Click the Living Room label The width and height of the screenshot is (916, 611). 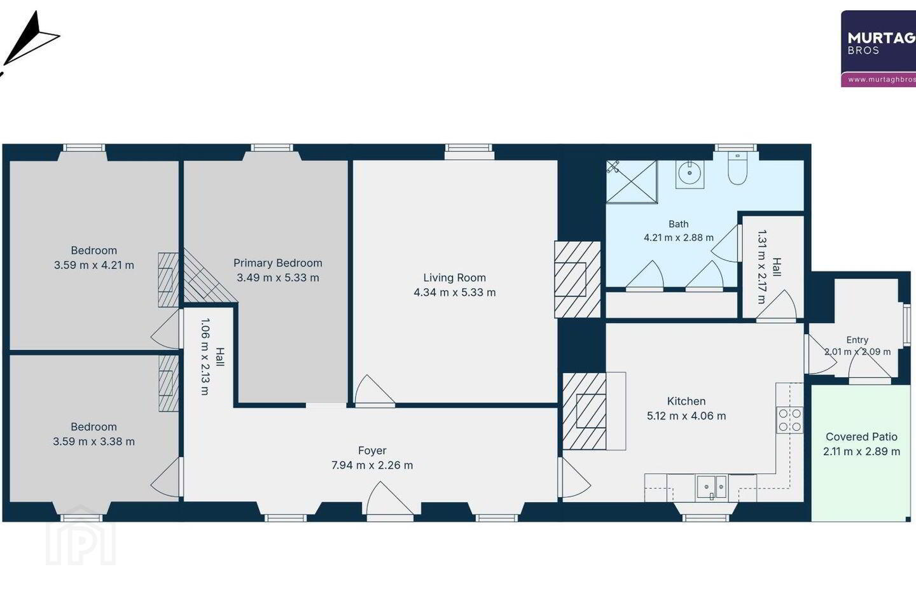pos(454,277)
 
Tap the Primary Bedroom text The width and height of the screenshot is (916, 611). pos(277,263)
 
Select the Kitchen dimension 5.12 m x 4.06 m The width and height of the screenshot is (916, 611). pos(686,416)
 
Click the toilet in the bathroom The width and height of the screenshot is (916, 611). pos(737,168)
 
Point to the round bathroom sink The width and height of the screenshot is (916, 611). pos(690,174)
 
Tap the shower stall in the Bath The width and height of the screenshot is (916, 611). pos(632,181)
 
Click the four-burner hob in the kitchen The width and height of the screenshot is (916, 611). pos(789,420)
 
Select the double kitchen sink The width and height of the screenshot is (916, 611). pos(712,488)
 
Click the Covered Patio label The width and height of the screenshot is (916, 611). pos(861,437)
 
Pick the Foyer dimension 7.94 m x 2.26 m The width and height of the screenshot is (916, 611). pos(372,465)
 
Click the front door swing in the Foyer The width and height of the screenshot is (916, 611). pos(390,499)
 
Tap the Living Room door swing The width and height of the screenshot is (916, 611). pos(375,390)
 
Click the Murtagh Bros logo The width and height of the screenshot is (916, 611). pos(878,49)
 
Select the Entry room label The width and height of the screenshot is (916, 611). pos(857,340)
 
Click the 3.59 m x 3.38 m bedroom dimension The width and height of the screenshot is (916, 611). pos(94,442)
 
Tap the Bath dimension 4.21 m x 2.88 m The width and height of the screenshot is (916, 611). pos(678,237)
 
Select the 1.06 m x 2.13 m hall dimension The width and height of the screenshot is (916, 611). pos(205,356)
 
